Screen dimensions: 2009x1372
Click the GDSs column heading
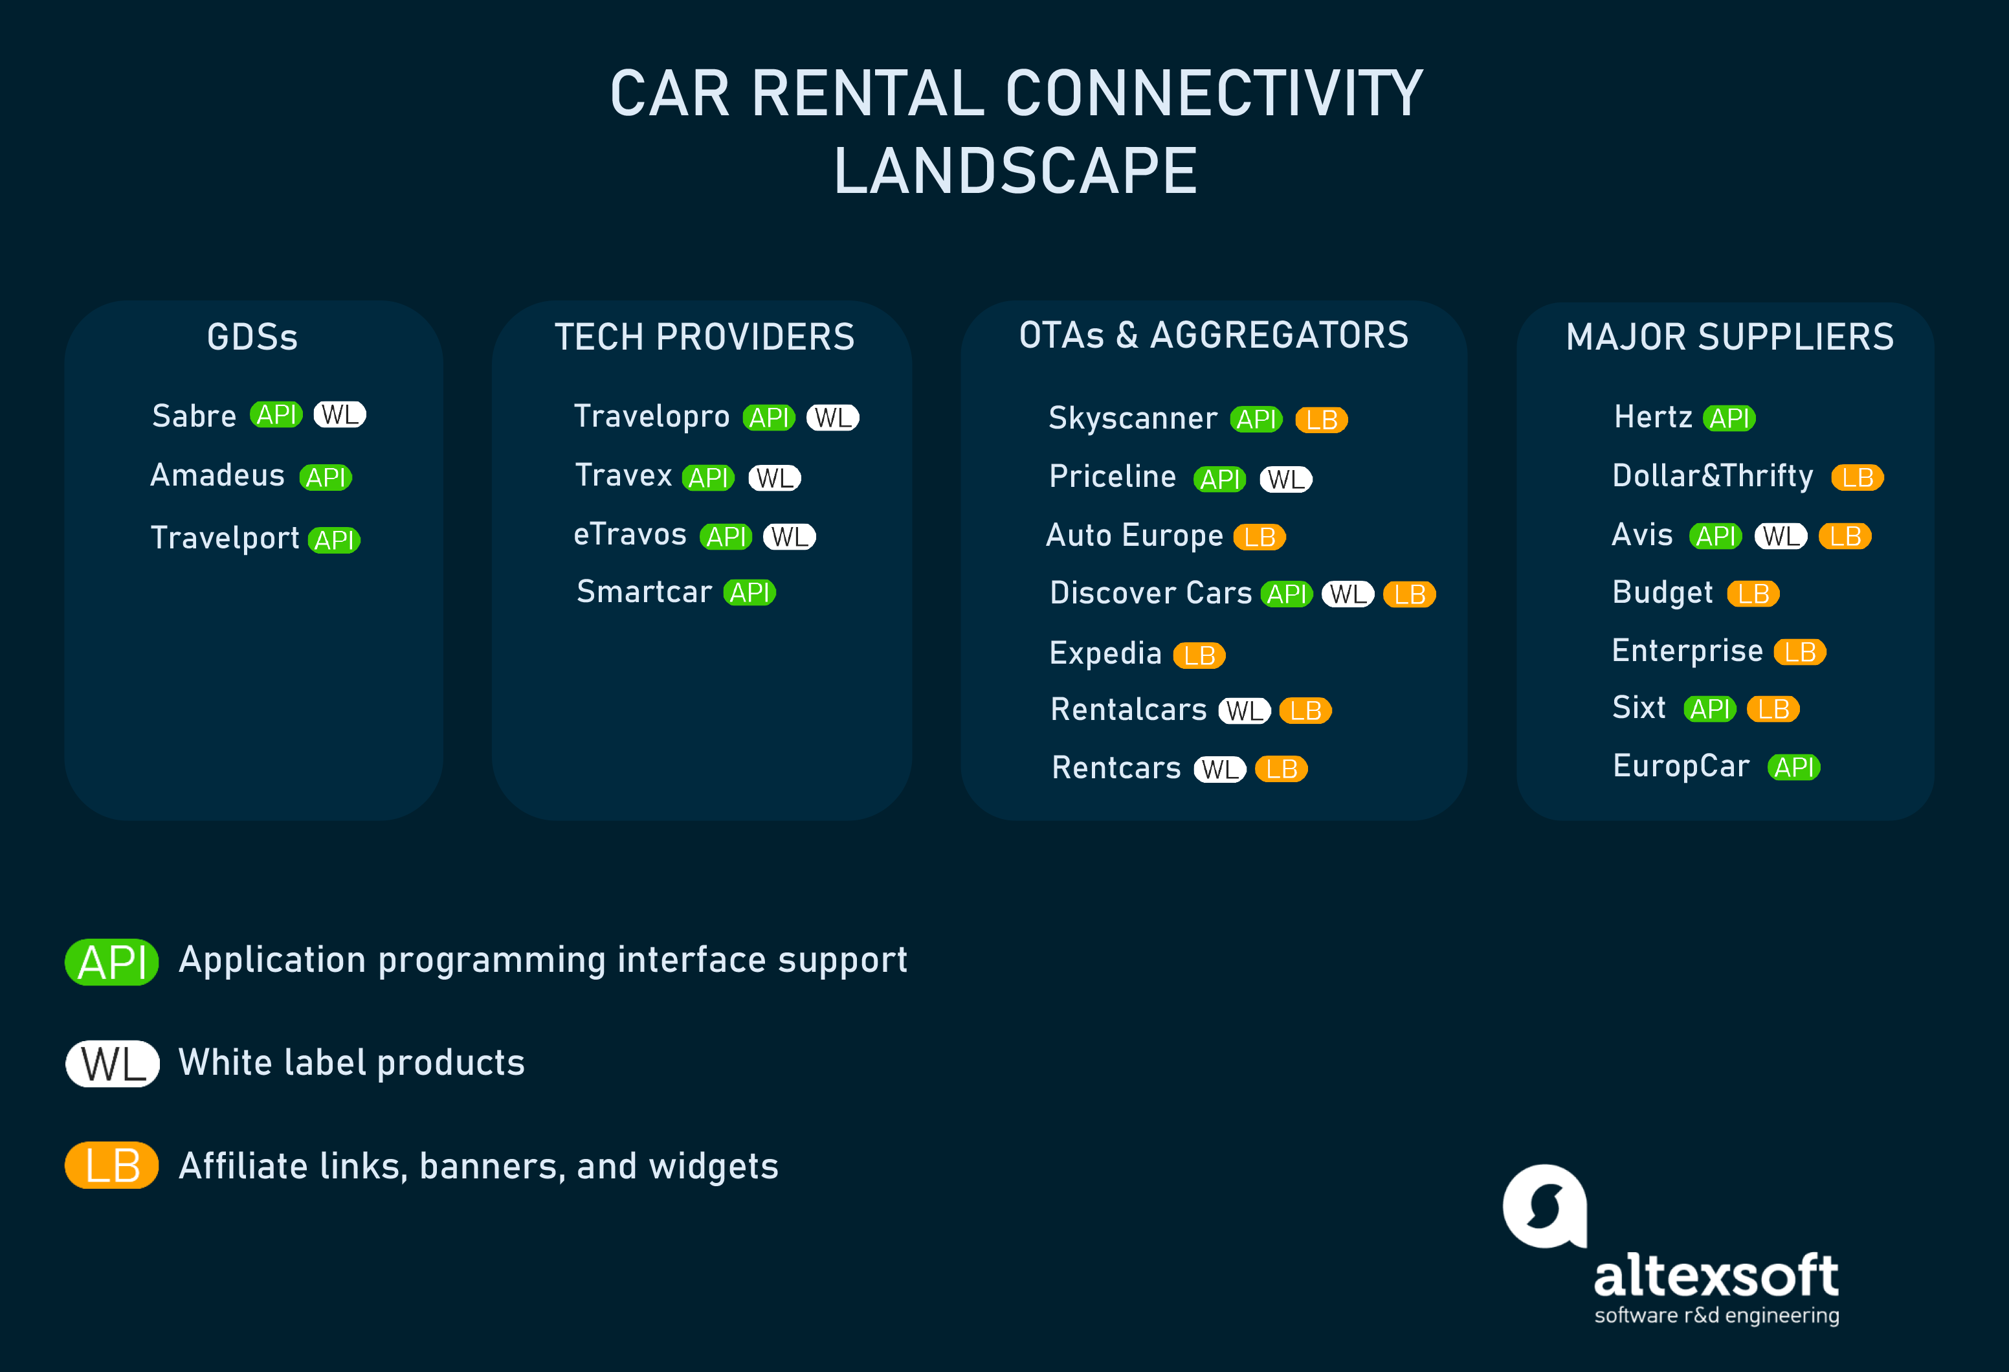252,336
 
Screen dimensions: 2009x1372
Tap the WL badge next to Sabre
340,415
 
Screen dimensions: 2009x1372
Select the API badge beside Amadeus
326,477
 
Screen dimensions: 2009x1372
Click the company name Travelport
225,538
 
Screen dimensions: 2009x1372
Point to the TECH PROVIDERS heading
705,336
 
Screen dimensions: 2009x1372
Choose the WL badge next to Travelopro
832,418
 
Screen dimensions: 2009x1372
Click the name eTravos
630,534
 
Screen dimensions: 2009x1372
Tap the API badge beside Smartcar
749,592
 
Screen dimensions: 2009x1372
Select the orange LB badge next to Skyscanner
1322,420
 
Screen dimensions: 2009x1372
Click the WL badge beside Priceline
1286,479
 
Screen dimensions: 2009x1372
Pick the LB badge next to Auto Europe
1260,537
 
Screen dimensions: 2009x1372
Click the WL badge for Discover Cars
1348,594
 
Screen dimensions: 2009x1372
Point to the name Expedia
1105,653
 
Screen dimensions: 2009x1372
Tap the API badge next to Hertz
1730,418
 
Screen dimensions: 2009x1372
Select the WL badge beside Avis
1781,536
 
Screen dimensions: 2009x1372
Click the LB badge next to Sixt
1773,709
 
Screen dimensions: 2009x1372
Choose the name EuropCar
1682,766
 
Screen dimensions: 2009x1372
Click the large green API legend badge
113,962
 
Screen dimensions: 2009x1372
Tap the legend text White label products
352,1063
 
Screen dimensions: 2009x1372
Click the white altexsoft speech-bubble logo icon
1545,1207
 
